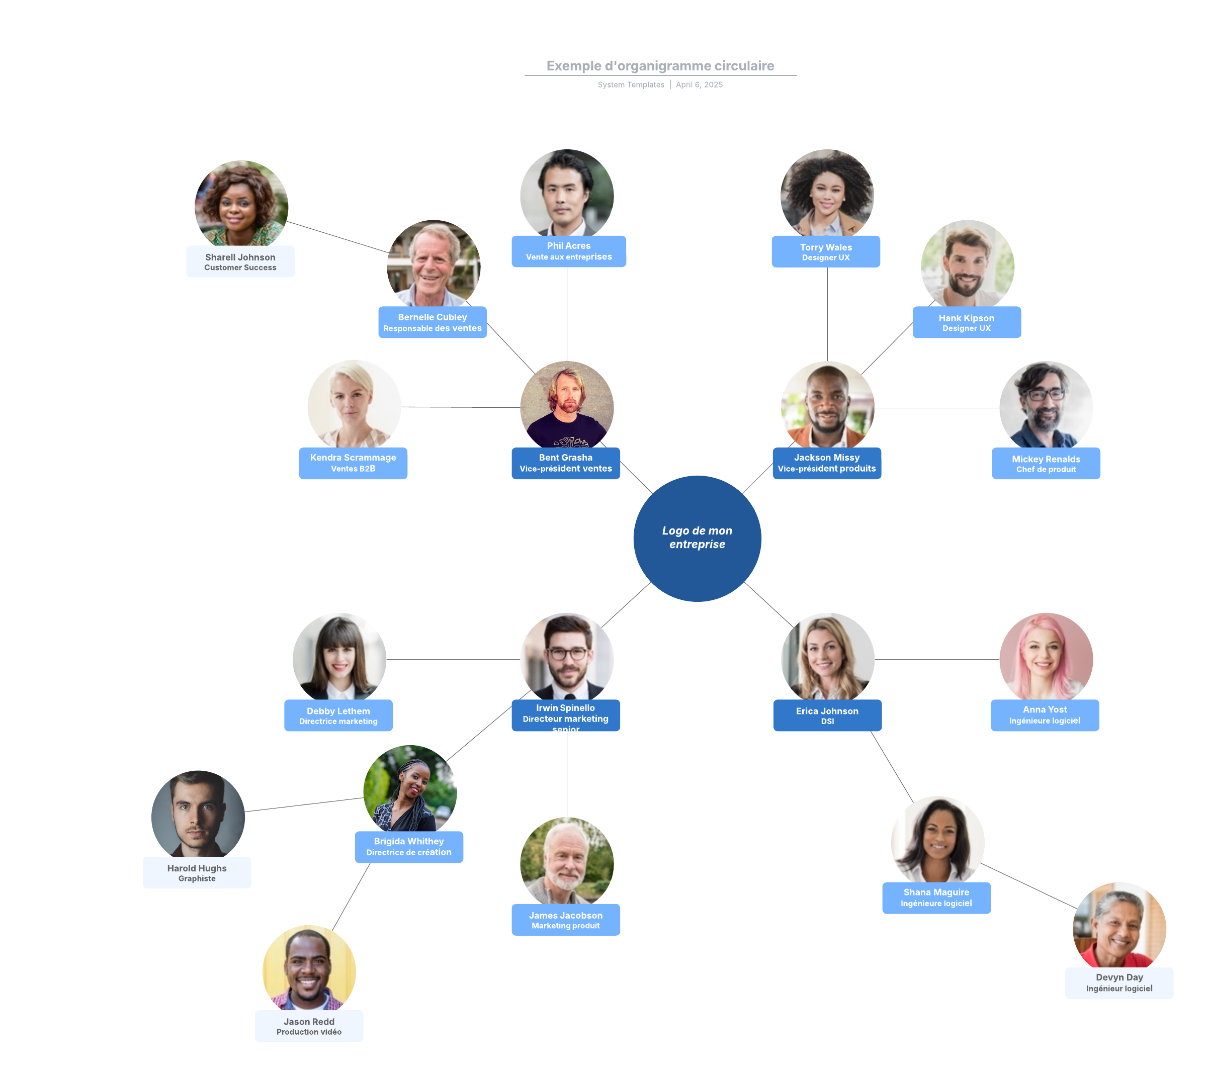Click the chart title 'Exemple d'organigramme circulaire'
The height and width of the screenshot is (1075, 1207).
(660, 65)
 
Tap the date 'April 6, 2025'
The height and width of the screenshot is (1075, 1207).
(699, 84)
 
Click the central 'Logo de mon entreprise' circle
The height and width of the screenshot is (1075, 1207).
(697, 538)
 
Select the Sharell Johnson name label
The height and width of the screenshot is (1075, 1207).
(240, 261)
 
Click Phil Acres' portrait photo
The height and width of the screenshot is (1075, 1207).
(567, 193)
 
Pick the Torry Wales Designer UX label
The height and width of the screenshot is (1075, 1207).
(825, 251)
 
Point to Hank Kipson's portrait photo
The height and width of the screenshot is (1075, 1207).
(967, 264)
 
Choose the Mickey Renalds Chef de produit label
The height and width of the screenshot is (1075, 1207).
(1045, 463)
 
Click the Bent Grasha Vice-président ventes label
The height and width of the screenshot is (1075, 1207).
(565, 463)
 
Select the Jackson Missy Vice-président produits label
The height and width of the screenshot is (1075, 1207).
(826, 463)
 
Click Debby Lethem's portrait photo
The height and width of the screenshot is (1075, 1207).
(339, 656)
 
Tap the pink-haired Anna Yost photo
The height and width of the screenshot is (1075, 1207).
(1046, 656)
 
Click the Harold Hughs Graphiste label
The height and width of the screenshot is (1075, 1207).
(197, 872)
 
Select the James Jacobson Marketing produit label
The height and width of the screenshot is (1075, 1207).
(565, 919)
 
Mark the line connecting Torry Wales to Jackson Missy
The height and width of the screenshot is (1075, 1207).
(827, 313)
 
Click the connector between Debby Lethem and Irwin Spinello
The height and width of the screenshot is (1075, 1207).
(453, 659)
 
